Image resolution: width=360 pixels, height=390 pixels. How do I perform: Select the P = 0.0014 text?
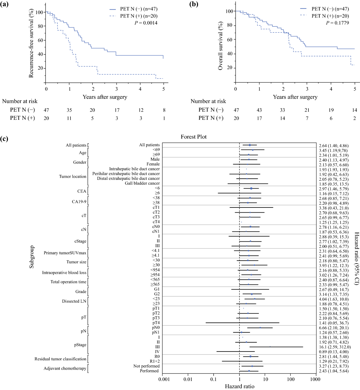click(x=146, y=23)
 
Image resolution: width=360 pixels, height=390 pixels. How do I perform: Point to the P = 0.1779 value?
click(x=337, y=23)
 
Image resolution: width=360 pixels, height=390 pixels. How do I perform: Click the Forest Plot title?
click(x=193, y=137)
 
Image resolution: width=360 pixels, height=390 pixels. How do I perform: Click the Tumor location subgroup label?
click(x=73, y=177)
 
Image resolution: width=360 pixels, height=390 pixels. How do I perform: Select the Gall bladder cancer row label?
click(x=142, y=183)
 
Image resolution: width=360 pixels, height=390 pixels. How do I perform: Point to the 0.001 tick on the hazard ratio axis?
click(x=164, y=379)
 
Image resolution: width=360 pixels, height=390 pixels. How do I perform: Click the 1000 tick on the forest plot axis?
click(x=315, y=379)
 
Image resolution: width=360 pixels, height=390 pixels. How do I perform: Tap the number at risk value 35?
click(x=69, y=110)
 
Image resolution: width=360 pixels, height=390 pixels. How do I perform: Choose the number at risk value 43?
click(x=259, y=110)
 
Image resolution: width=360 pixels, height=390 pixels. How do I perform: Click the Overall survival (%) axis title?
click(x=220, y=46)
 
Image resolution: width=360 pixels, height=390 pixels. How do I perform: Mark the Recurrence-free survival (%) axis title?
click(x=31, y=43)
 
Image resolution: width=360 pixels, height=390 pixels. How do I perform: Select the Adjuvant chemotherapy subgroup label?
click(x=65, y=368)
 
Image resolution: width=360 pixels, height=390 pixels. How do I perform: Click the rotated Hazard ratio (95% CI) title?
click(x=357, y=258)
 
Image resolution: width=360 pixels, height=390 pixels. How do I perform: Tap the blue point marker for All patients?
click(x=250, y=145)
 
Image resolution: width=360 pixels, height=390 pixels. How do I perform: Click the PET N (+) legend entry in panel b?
click(x=330, y=16)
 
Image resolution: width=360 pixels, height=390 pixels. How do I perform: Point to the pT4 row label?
click(x=156, y=323)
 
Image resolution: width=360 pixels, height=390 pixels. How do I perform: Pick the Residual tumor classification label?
click(x=60, y=359)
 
